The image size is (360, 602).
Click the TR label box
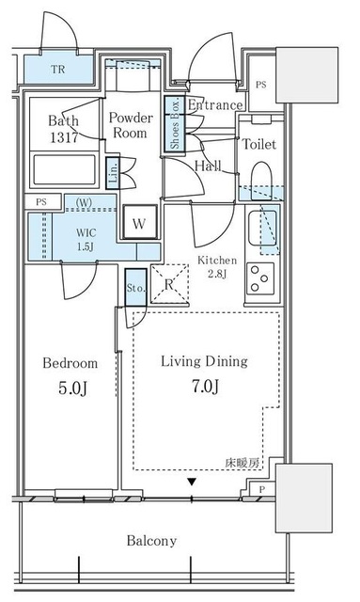point(58,69)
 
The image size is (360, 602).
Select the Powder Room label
point(130,126)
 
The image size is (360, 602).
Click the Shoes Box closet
point(175,124)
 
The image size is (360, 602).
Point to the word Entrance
point(215,105)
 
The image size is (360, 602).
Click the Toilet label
point(259,145)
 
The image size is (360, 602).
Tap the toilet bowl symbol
point(261,179)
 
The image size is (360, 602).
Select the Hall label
point(208,166)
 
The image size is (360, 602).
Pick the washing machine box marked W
point(138,223)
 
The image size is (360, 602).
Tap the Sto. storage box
point(133,288)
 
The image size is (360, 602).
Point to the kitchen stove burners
point(260,277)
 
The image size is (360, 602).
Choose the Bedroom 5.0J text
point(70,373)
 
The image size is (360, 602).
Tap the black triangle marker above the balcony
point(192,483)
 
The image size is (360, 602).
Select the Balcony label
point(153,541)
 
